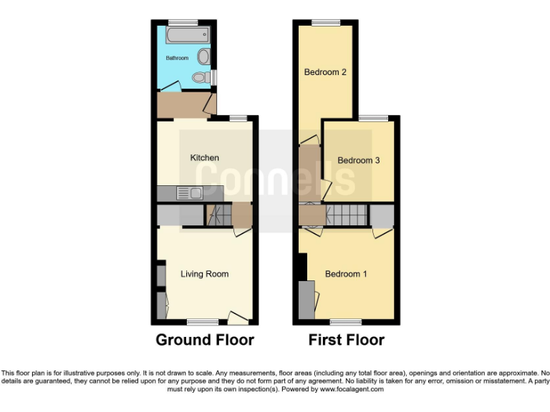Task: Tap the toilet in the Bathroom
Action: click(201, 76)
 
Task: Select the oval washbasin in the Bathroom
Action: click(203, 57)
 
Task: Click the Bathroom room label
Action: click(177, 58)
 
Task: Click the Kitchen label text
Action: click(204, 157)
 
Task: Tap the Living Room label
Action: click(204, 274)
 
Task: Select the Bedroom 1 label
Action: click(346, 274)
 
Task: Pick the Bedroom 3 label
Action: click(358, 160)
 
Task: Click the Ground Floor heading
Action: click(205, 340)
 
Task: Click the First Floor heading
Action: click(346, 340)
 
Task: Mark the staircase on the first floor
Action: click(347, 214)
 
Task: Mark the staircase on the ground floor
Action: click(218, 215)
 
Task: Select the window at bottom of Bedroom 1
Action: click(345, 321)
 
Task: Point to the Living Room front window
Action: click(203, 321)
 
